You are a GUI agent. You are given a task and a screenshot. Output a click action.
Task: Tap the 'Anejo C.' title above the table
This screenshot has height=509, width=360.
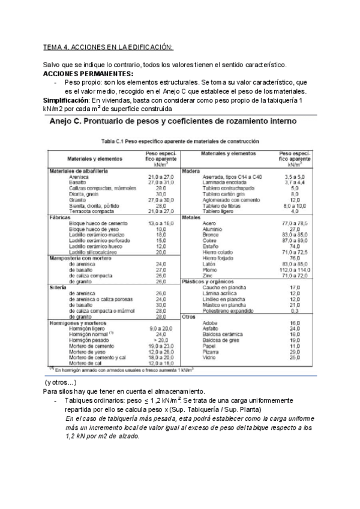tap(72, 122)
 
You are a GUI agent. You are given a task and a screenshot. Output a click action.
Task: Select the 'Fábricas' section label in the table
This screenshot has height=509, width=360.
tap(62, 217)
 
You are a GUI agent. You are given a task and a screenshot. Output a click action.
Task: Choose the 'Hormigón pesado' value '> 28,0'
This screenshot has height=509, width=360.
tap(156, 339)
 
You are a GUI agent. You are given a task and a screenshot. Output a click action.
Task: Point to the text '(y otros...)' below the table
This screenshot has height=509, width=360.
tap(61, 382)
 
